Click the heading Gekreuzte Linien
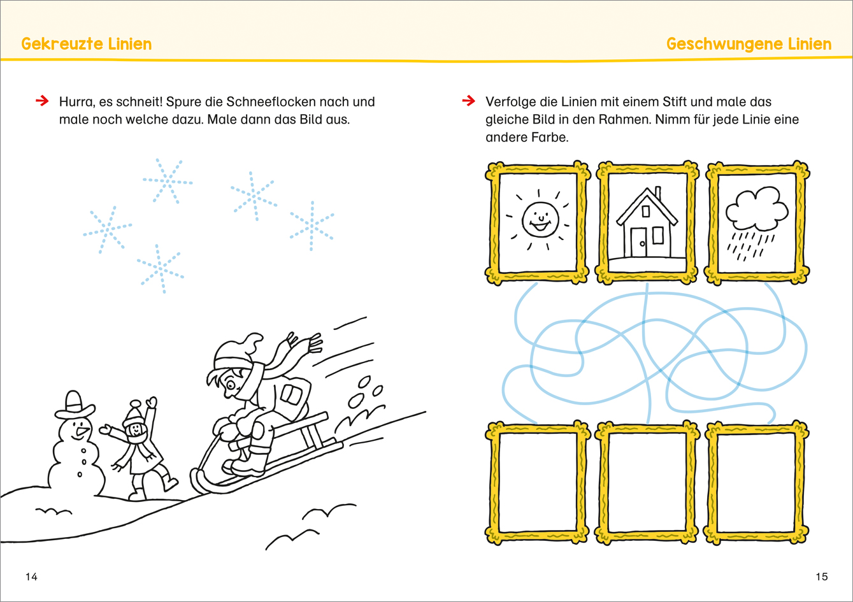click(x=87, y=44)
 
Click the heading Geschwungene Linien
click(x=749, y=45)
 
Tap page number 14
click(x=31, y=577)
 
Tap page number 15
click(x=822, y=577)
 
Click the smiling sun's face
click(x=540, y=220)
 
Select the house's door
click(x=638, y=242)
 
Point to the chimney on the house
click(x=657, y=192)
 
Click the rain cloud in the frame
click(x=757, y=210)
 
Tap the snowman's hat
click(x=75, y=405)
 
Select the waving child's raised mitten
click(x=152, y=402)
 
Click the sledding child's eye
click(x=231, y=385)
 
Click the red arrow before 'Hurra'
click(x=42, y=101)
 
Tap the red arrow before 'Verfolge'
click(x=469, y=101)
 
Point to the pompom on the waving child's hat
click(x=136, y=404)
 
